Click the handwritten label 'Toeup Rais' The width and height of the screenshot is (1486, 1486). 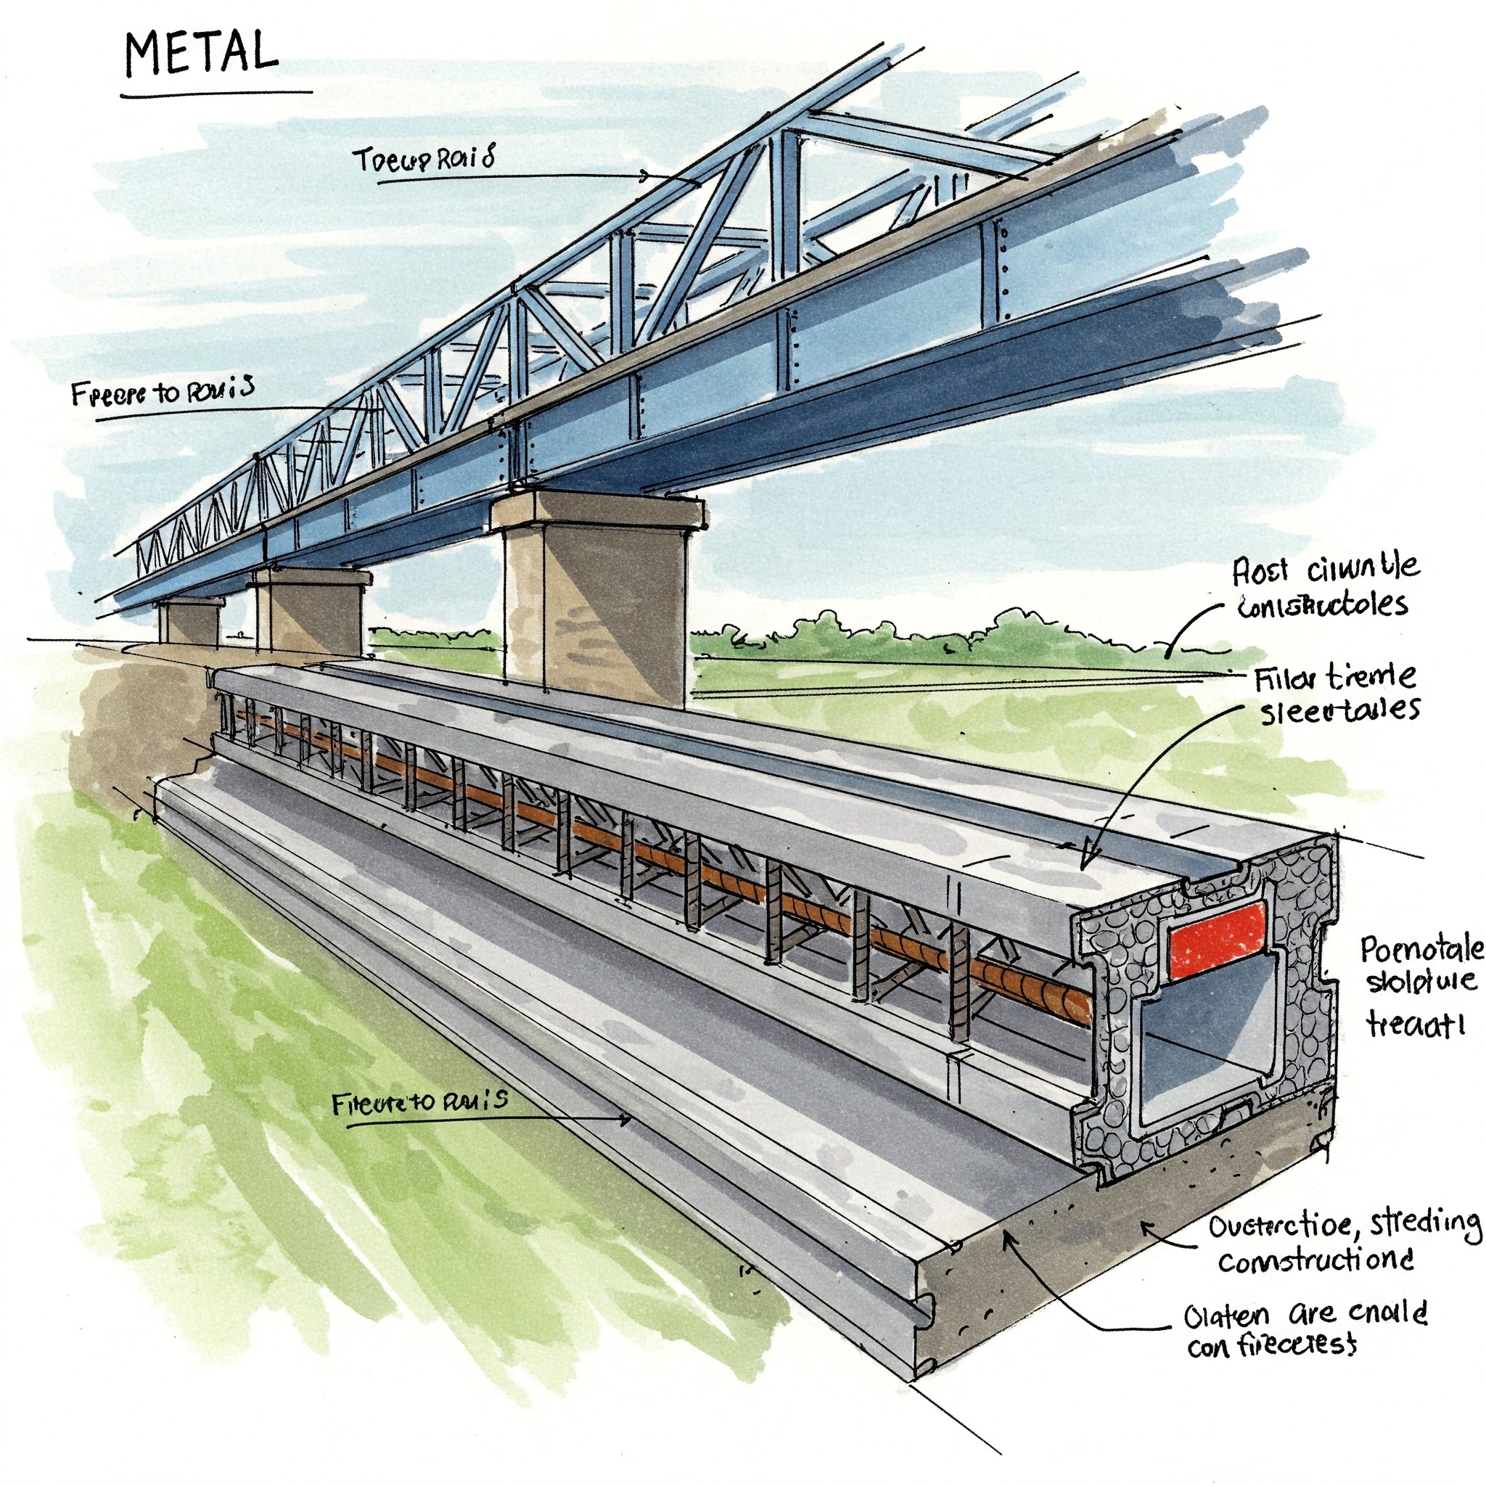(423, 159)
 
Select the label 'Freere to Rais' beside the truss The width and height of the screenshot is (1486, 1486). (163, 393)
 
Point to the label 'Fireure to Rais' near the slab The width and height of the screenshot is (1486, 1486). (419, 1102)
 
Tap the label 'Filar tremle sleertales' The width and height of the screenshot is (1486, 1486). (1337, 694)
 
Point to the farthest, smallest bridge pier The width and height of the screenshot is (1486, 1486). (189, 622)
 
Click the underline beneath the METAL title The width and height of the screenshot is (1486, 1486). (215, 94)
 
